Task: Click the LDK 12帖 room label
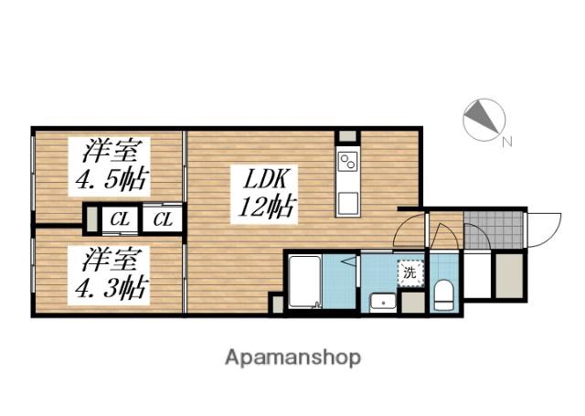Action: coord(267,194)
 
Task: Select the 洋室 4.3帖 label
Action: coord(110,274)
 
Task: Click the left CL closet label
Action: coord(120,219)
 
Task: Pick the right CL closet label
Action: coord(163,219)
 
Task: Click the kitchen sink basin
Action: coord(347,203)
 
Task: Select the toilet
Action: coord(444,295)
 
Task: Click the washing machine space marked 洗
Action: coord(410,272)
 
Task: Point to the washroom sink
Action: coord(382,302)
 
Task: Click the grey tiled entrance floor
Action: coord(494,229)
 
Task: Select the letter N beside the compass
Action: coord(507,142)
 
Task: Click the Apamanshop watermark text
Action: coord(292,358)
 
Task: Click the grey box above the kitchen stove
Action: coord(347,136)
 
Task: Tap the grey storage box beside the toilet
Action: coord(413,303)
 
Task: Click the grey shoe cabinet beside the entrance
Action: coord(509,276)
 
